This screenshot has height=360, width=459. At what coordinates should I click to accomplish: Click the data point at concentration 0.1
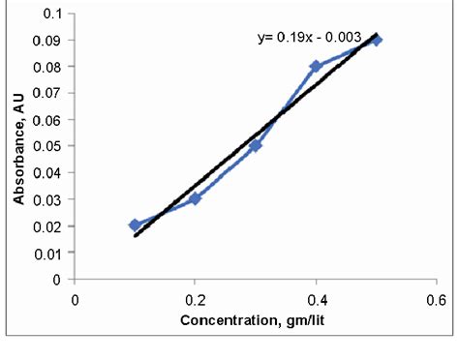click(135, 225)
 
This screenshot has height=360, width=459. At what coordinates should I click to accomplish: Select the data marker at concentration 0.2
click(195, 198)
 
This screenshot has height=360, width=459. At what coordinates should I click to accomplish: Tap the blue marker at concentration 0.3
click(256, 146)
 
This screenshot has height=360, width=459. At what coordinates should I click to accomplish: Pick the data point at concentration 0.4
click(316, 67)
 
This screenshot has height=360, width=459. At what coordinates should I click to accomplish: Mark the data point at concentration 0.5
click(377, 40)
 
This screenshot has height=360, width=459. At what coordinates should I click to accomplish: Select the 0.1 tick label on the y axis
click(51, 15)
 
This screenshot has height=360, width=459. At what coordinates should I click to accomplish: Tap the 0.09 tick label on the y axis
click(47, 41)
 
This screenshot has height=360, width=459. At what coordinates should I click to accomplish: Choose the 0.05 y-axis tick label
click(47, 146)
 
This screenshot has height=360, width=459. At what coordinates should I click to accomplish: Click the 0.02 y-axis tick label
click(47, 225)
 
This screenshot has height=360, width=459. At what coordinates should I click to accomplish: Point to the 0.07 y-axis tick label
click(47, 94)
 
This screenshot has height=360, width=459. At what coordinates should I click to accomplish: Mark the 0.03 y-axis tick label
click(47, 199)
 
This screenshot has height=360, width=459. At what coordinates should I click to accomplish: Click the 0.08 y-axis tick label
click(47, 67)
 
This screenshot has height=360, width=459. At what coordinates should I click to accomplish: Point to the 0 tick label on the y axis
click(59, 279)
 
